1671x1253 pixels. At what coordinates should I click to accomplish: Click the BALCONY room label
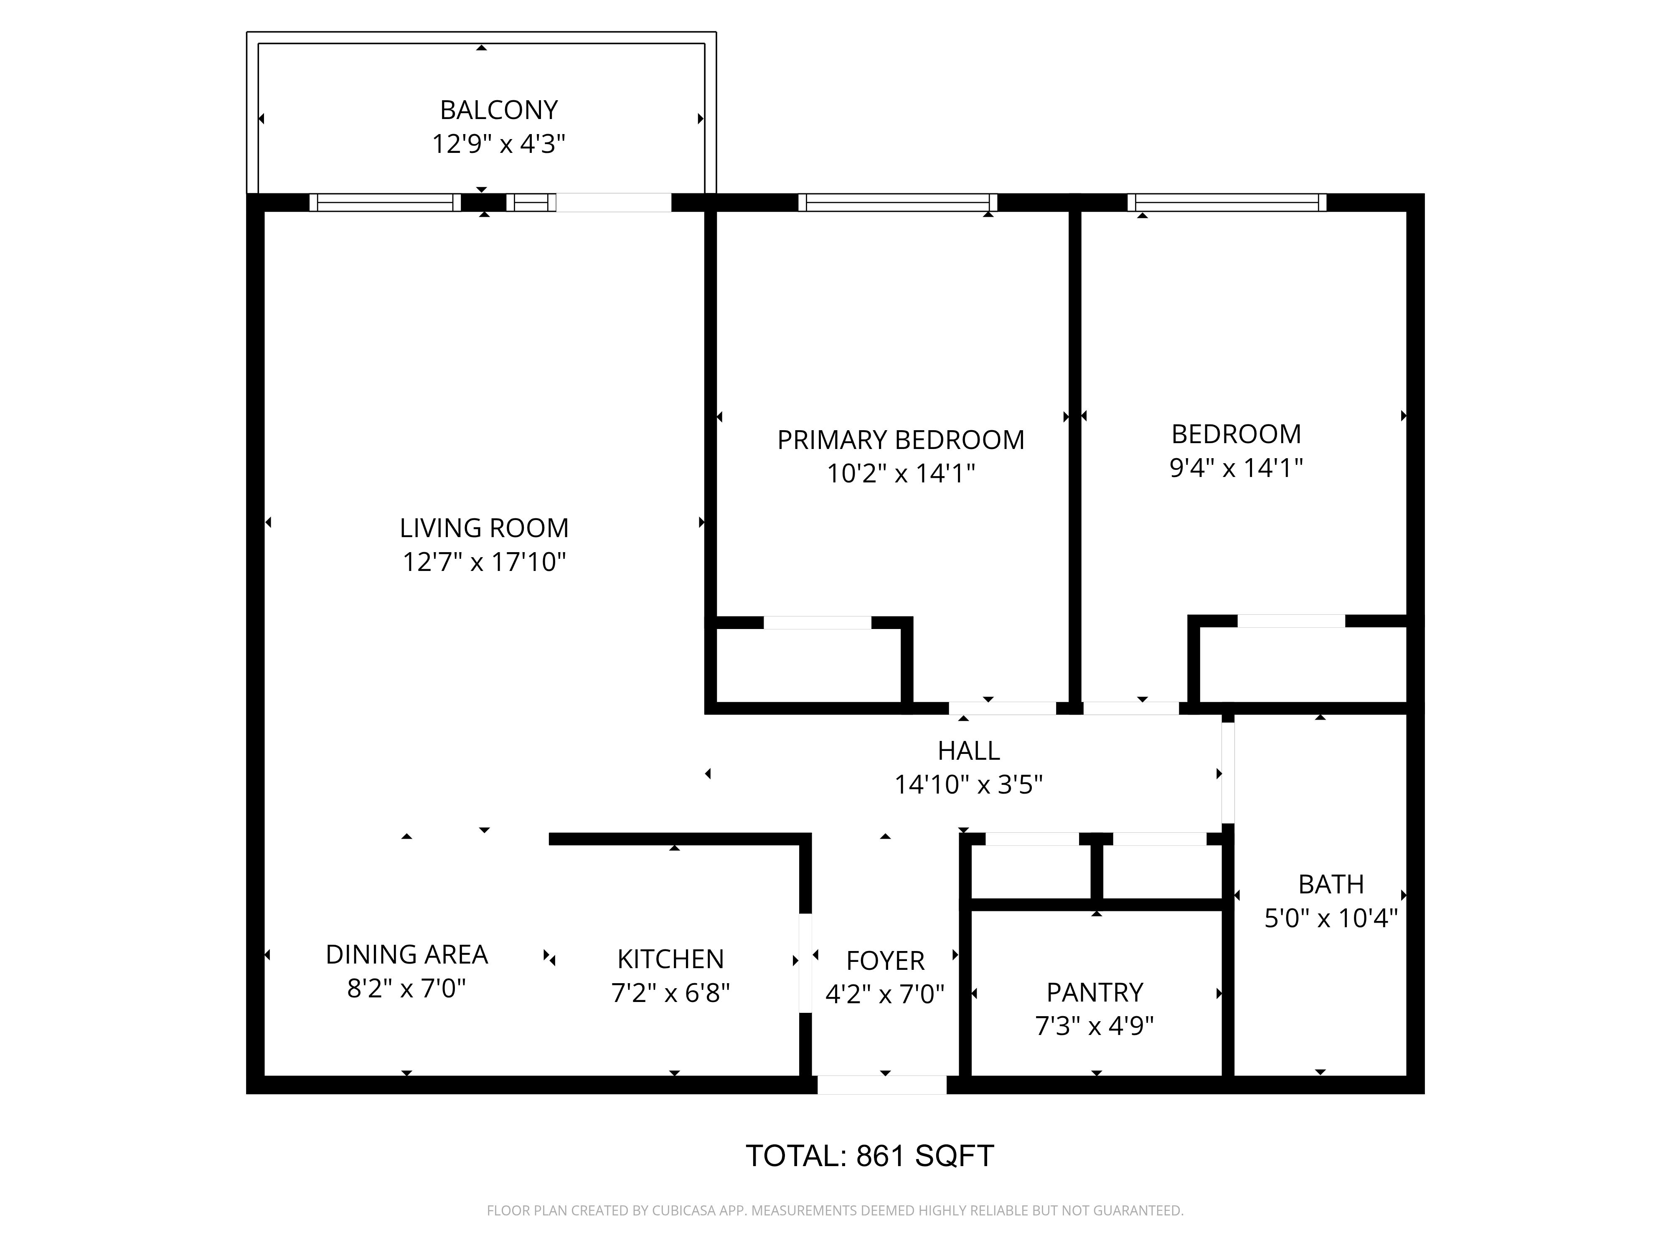coord(498,110)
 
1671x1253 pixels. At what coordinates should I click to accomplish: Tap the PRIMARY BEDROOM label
coord(901,439)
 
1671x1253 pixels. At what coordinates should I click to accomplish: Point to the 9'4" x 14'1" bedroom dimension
coord(1236,468)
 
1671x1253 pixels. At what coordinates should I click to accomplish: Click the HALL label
coord(968,751)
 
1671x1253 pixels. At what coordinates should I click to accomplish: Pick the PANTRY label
coord(1095,992)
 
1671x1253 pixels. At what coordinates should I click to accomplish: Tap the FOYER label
coord(885,961)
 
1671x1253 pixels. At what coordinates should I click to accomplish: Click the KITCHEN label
coord(670,959)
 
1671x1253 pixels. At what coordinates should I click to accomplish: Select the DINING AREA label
coord(406,955)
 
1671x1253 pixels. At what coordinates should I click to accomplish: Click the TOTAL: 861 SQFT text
coord(869,1156)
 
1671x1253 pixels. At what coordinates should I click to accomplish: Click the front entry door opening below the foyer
coord(881,1085)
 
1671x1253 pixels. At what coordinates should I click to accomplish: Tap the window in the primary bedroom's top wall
coord(897,203)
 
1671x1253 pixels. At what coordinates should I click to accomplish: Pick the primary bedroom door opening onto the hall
coord(1002,708)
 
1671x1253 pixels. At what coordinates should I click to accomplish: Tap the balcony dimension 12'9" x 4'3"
coord(498,144)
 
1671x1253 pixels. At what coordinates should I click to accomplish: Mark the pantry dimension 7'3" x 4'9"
coord(1095,1027)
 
